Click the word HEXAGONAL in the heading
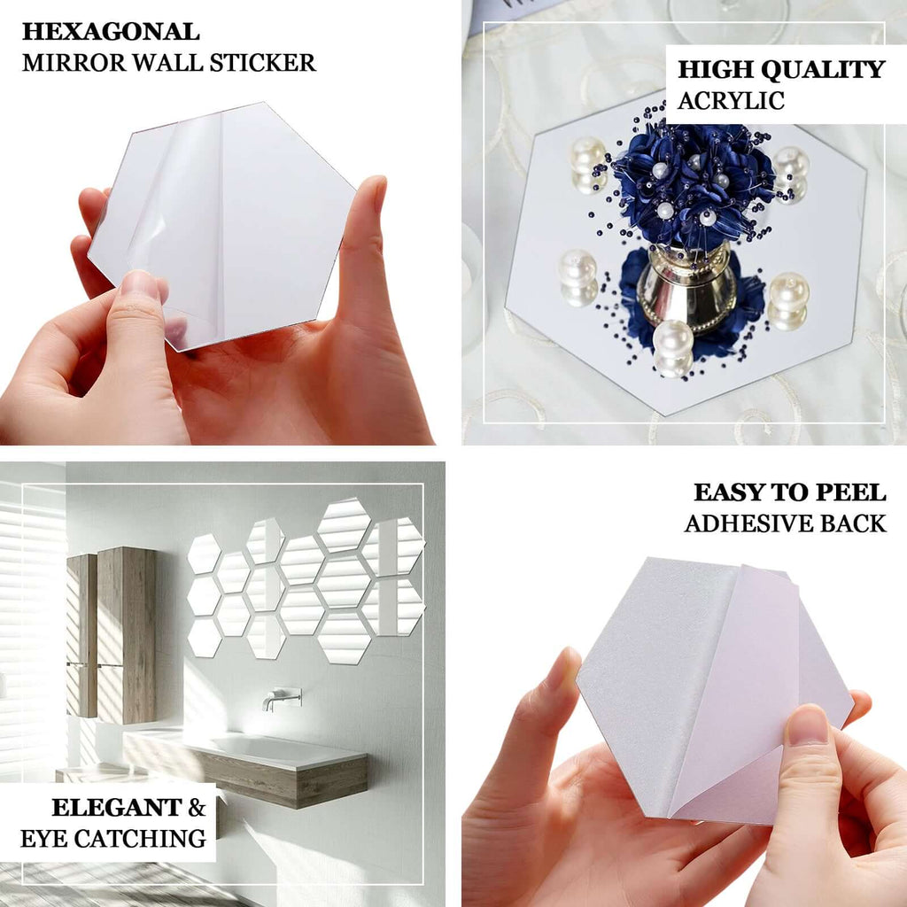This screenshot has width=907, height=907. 111,32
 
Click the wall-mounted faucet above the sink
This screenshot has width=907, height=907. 282,698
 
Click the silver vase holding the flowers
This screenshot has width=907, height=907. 687,288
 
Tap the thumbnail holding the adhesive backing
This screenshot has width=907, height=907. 808,726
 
